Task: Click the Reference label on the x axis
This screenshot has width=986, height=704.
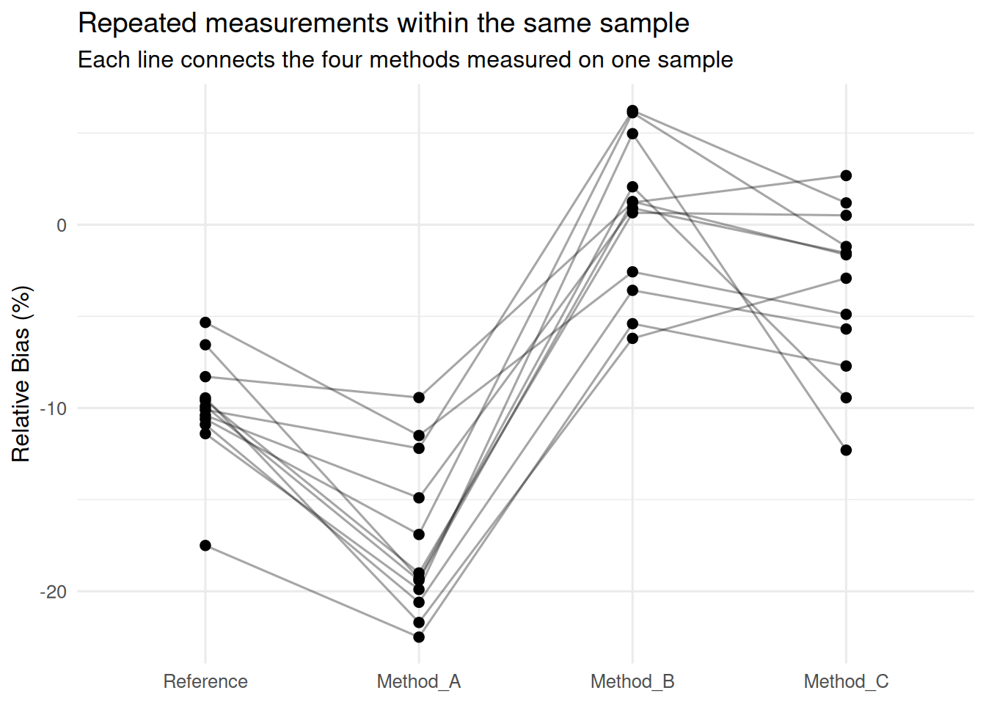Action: tap(205, 681)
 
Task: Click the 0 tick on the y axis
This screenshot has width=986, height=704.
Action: tap(62, 225)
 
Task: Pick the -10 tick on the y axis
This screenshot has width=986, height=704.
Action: tap(54, 408)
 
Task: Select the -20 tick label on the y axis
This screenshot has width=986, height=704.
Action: tap(54, 592)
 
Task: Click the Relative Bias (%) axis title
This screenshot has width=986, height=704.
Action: tap(21, 374)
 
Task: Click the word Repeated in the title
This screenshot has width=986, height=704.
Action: tap(137, 23)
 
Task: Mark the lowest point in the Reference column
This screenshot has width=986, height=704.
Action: tap(205, 546)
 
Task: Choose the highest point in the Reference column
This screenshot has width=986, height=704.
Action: tap(205, 323)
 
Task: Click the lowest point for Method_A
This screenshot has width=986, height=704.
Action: tap(419, 637)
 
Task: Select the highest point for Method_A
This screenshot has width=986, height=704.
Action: tap(419, 397)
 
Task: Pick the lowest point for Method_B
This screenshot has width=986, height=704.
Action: tap(632, 338)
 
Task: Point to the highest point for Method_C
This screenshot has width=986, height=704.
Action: tap(846, 175)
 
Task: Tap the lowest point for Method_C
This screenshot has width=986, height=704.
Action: tap(846, 450)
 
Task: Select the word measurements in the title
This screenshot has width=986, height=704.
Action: tap(296, 23)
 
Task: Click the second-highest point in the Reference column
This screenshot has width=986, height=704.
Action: tap(205, 345)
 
